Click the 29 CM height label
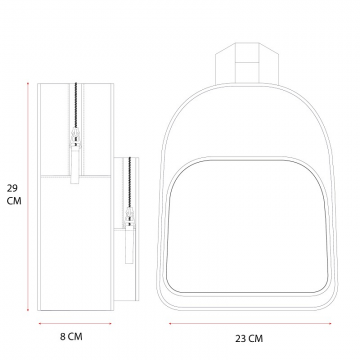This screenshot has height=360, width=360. coord(14,195)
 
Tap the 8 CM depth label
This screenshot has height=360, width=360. coord(71,337)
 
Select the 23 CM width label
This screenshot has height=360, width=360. coord(249,339)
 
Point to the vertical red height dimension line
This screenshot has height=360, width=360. coord(28,197)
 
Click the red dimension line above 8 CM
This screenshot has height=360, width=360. coord(75,323)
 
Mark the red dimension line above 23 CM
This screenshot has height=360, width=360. coord(250,323)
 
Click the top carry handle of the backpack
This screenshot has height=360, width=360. coord(247,63)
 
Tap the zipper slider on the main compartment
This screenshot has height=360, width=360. coord(76,137)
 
